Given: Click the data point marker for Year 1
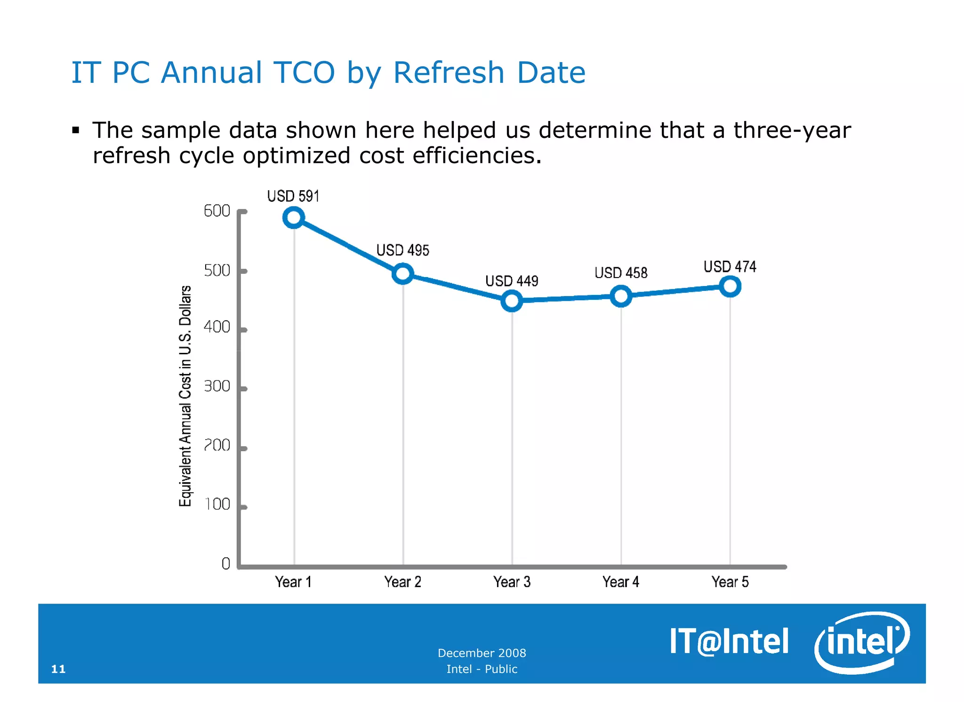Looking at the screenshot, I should (294, 217).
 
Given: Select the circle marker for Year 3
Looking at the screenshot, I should (512, 301).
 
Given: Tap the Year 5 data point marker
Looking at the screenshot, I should (730, 286).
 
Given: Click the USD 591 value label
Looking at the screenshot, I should (293, 196).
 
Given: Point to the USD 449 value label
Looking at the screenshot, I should (512, 281).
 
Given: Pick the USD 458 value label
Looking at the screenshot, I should (621, 273).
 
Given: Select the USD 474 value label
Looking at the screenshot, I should (730, 267).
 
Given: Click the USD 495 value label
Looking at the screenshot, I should (402, 250).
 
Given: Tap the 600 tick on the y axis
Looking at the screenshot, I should (217, 211).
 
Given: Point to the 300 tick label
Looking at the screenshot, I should (217, 387).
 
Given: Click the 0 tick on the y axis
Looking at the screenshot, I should (226, 564).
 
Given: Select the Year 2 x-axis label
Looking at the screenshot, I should (402, 582).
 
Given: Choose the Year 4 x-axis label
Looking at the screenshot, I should (621, 582).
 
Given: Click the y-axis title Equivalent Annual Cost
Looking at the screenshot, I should (185, 396).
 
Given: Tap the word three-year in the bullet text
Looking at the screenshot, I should (792, 130).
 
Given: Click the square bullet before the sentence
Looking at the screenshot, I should (76, 130).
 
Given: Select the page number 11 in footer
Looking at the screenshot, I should (58, 669).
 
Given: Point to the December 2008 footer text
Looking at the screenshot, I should (482, 653).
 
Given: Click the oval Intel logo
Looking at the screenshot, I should (862, 642).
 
